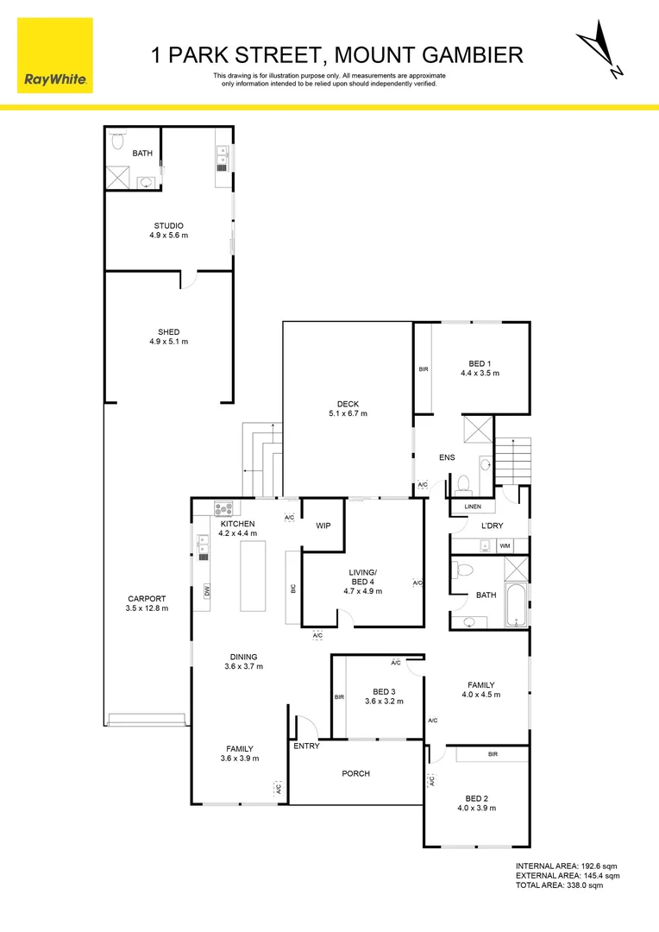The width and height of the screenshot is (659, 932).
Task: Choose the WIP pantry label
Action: tap(323, 526)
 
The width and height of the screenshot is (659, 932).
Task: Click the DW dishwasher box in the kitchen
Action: tap(208, 591)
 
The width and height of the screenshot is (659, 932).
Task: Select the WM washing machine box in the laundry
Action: tap(505, 545)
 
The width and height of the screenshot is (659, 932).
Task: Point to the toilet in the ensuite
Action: tap(463, 482)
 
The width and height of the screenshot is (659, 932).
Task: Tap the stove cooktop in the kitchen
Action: tap(223, 509)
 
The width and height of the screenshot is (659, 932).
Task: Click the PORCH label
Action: tap(355, 773)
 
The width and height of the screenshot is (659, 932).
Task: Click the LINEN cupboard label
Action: tap(472, 507)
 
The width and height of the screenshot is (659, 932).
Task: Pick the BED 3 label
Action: tap(384, 692)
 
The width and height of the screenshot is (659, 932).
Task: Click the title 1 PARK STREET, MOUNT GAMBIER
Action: tap(337, 56)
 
